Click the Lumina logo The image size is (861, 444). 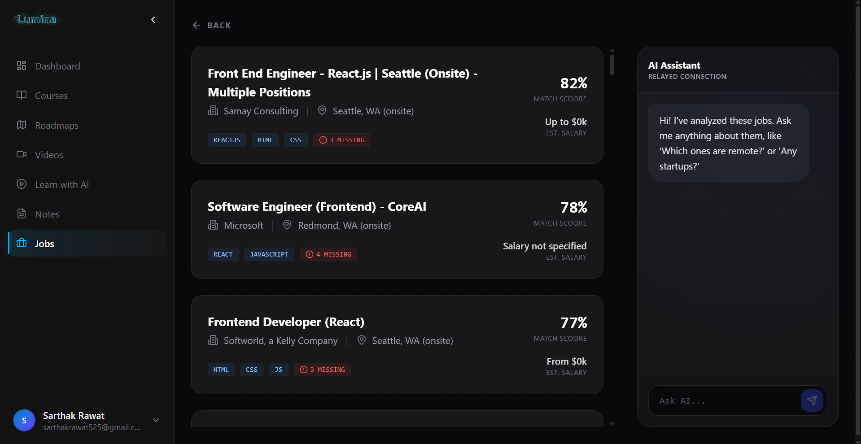tap(37, 19)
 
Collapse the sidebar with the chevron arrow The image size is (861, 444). tap(153, 20)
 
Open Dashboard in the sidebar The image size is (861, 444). tap(57, 66)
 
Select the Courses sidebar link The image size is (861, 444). tap(51, 96)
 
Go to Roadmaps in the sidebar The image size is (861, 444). tap(57, 126)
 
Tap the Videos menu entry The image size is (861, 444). tap(49, 155)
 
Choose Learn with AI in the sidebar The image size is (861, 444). tap(62, 185)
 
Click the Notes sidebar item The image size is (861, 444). tap(47, 214)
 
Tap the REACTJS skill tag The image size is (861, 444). tap(227, 140)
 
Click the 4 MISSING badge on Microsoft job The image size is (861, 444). tap(328, 255)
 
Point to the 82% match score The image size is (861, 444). tap(573, 83)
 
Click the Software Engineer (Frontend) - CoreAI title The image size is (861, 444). tap(317, 207)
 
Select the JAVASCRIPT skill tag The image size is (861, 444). tap(269, 255)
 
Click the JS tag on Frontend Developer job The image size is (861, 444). tap(278, 370)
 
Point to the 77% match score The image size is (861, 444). tap(573, 323)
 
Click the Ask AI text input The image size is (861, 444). tap(723, 401)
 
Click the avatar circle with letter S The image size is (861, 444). tap(24, 421)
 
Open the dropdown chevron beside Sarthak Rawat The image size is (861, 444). tap(156, 421)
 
